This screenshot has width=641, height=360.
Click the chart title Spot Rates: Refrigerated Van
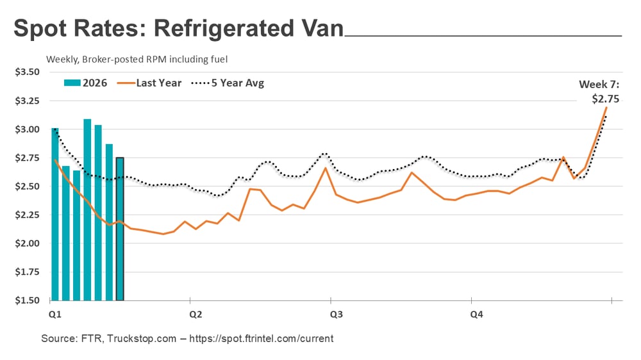tap(178, 29)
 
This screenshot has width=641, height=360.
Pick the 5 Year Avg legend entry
tap(227, 83)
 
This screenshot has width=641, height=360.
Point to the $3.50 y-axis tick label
tap(27, 72)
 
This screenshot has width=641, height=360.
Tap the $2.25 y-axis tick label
tap(27, 215)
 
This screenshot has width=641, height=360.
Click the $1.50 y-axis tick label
tap(27, 300)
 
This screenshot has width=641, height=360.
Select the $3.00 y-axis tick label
tap(27, 129)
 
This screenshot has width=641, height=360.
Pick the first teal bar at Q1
tap(55, 214)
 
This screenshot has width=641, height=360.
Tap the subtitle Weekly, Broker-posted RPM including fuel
tap(137, 59)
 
